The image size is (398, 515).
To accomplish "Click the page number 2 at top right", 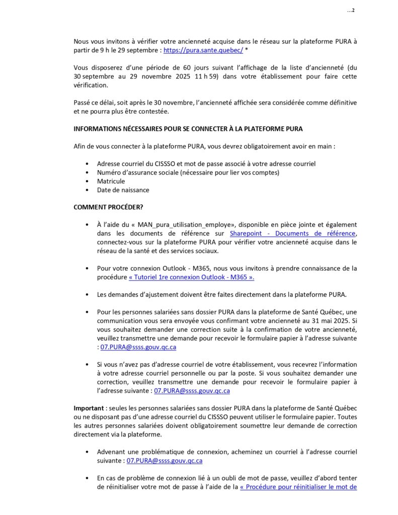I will [353, 11].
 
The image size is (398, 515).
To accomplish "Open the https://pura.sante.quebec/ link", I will [203, 50].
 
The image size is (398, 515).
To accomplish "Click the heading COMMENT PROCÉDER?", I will [102, 207].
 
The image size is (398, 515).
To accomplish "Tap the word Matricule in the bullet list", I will [111, 181].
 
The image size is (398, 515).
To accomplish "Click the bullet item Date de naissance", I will [123, 190].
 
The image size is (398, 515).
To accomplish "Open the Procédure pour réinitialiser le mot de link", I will [298, 487].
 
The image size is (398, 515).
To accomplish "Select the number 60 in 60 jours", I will [174, 68].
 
